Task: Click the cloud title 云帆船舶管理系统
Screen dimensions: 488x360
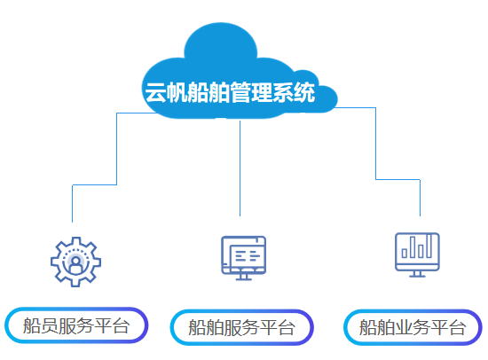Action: [230, 92]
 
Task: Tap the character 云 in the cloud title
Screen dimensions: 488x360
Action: [155, 92]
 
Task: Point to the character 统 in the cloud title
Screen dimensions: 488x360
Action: [304, 92]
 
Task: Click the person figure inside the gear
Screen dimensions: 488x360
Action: [75, 265]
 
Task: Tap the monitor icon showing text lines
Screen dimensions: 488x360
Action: [243, 258]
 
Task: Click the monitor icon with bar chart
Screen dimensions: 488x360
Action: [417, 254]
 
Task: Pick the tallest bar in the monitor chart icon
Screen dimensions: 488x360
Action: [429, 246]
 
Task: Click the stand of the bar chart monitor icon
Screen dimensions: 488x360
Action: [417, 274]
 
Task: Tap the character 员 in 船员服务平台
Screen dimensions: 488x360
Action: [50, 325]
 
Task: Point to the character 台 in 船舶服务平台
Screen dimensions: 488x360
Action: [287, 327]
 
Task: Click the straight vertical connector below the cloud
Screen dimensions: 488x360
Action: [240, 168]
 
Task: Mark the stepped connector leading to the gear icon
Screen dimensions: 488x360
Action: [117, 149]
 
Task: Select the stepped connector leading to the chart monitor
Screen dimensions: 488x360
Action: [375, 144]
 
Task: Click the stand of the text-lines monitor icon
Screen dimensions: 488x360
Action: [244, 278]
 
